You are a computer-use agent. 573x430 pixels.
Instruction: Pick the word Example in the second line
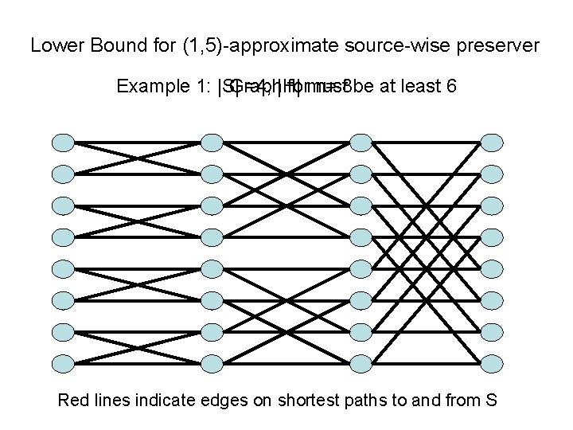[x=148, y=85]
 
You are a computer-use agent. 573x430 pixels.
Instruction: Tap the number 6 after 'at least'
[x=451, y=85]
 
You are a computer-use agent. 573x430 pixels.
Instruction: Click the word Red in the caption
[x=73, y=399]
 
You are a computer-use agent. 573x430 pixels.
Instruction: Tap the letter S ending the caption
[x=491, y=399]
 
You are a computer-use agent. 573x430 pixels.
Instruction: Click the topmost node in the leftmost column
[x=63, y=143]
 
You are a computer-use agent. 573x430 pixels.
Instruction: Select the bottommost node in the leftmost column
[x=63, y=363]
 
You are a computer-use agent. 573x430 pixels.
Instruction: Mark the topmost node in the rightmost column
[x=493, y=143]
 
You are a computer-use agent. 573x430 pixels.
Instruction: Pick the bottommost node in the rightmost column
[x=493, y=363]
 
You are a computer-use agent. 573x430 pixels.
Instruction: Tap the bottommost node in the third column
[x=361, y=363]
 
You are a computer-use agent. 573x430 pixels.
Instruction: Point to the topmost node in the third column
[x=361, y=143]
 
